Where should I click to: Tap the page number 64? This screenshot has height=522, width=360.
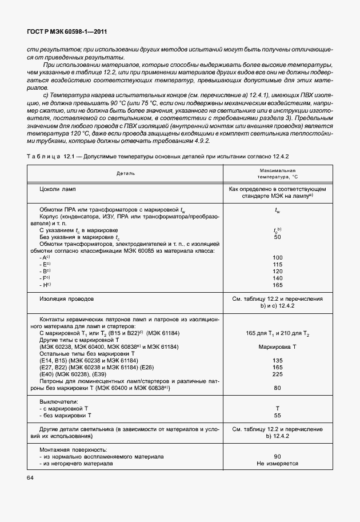click(30, 477)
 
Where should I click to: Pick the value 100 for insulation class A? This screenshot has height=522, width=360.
click(278, 258)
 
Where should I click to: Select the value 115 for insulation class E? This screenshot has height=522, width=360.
click(278, 265)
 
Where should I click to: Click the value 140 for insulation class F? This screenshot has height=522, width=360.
click(278, 278)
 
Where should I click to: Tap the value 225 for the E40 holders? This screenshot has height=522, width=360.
click(278, 374)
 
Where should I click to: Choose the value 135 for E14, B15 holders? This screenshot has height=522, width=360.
click(278, 361)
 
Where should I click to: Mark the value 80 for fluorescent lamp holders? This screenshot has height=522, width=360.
click(278, 388)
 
